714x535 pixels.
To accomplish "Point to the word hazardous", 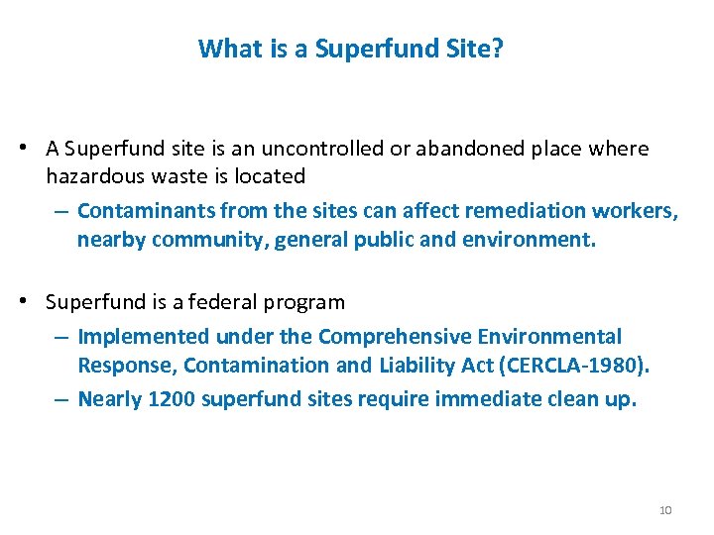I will tap(90, 176).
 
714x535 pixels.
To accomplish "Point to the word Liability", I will tap(416, 365).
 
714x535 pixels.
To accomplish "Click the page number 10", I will tap(665, 510).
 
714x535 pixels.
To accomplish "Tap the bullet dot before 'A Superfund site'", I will tap(33, 149).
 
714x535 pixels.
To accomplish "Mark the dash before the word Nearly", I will tap(61, 398).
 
